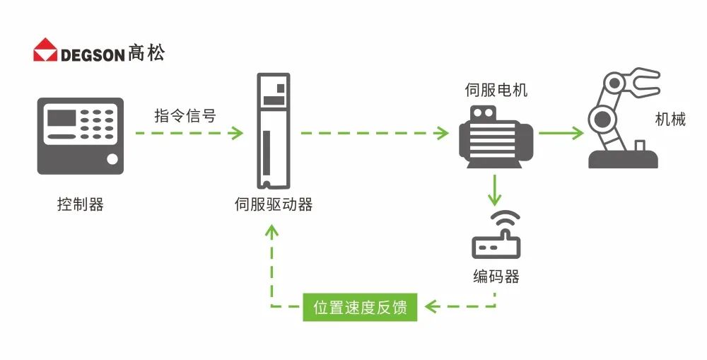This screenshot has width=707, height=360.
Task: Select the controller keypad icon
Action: (80, 136)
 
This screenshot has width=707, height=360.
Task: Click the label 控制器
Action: (80, 205)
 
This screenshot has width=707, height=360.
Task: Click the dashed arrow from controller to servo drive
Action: (188, 132)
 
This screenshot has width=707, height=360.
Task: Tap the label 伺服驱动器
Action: (273, 205)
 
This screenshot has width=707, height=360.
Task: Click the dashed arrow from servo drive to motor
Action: (374, 132)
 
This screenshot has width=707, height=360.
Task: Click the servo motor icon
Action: (495, 136)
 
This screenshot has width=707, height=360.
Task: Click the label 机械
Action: (670, 119)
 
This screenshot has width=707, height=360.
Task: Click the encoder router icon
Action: (496, 236)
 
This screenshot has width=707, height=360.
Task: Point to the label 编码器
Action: (496, 276)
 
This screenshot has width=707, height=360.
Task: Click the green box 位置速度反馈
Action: (360, 308)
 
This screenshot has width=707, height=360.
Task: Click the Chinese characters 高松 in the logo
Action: (147, 54)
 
